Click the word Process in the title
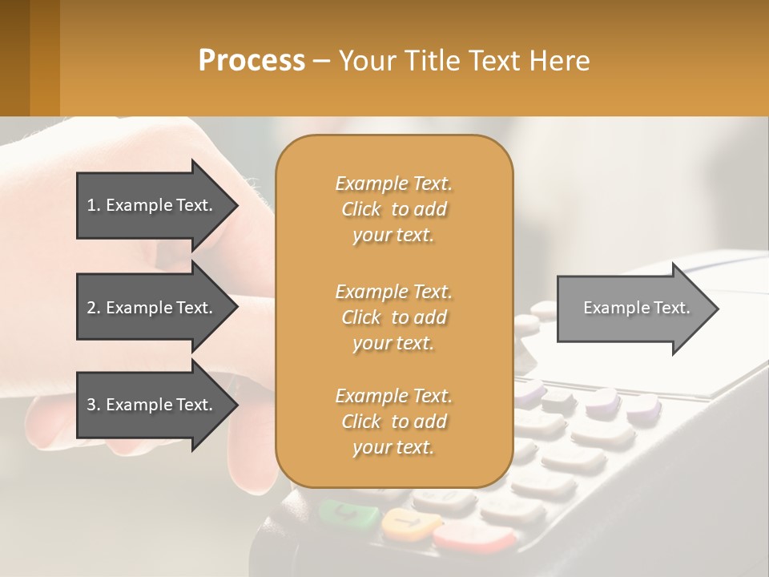(x=252, y=60)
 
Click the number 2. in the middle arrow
(x=94, y=308)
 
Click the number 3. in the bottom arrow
(x=94, y=405)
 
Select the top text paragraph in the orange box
(x=393, y=209)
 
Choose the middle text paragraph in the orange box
(x=393, y=317)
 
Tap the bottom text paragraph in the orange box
(x=393, y=422)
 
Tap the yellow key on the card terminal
(x=409, y=524)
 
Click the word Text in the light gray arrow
(x=672, y=308)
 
